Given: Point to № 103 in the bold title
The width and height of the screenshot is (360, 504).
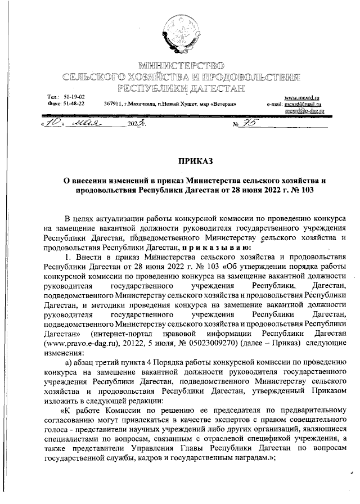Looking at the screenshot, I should pos(301,190).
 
